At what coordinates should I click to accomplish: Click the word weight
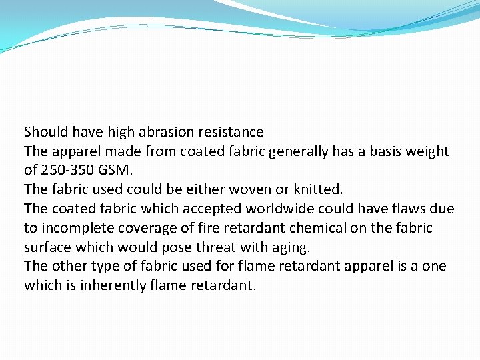(x=428, y=151)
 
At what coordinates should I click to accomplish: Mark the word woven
(x=246, y=190)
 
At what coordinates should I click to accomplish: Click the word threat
(x=215, y=247)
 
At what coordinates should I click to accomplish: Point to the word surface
(x=48, y=247)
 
